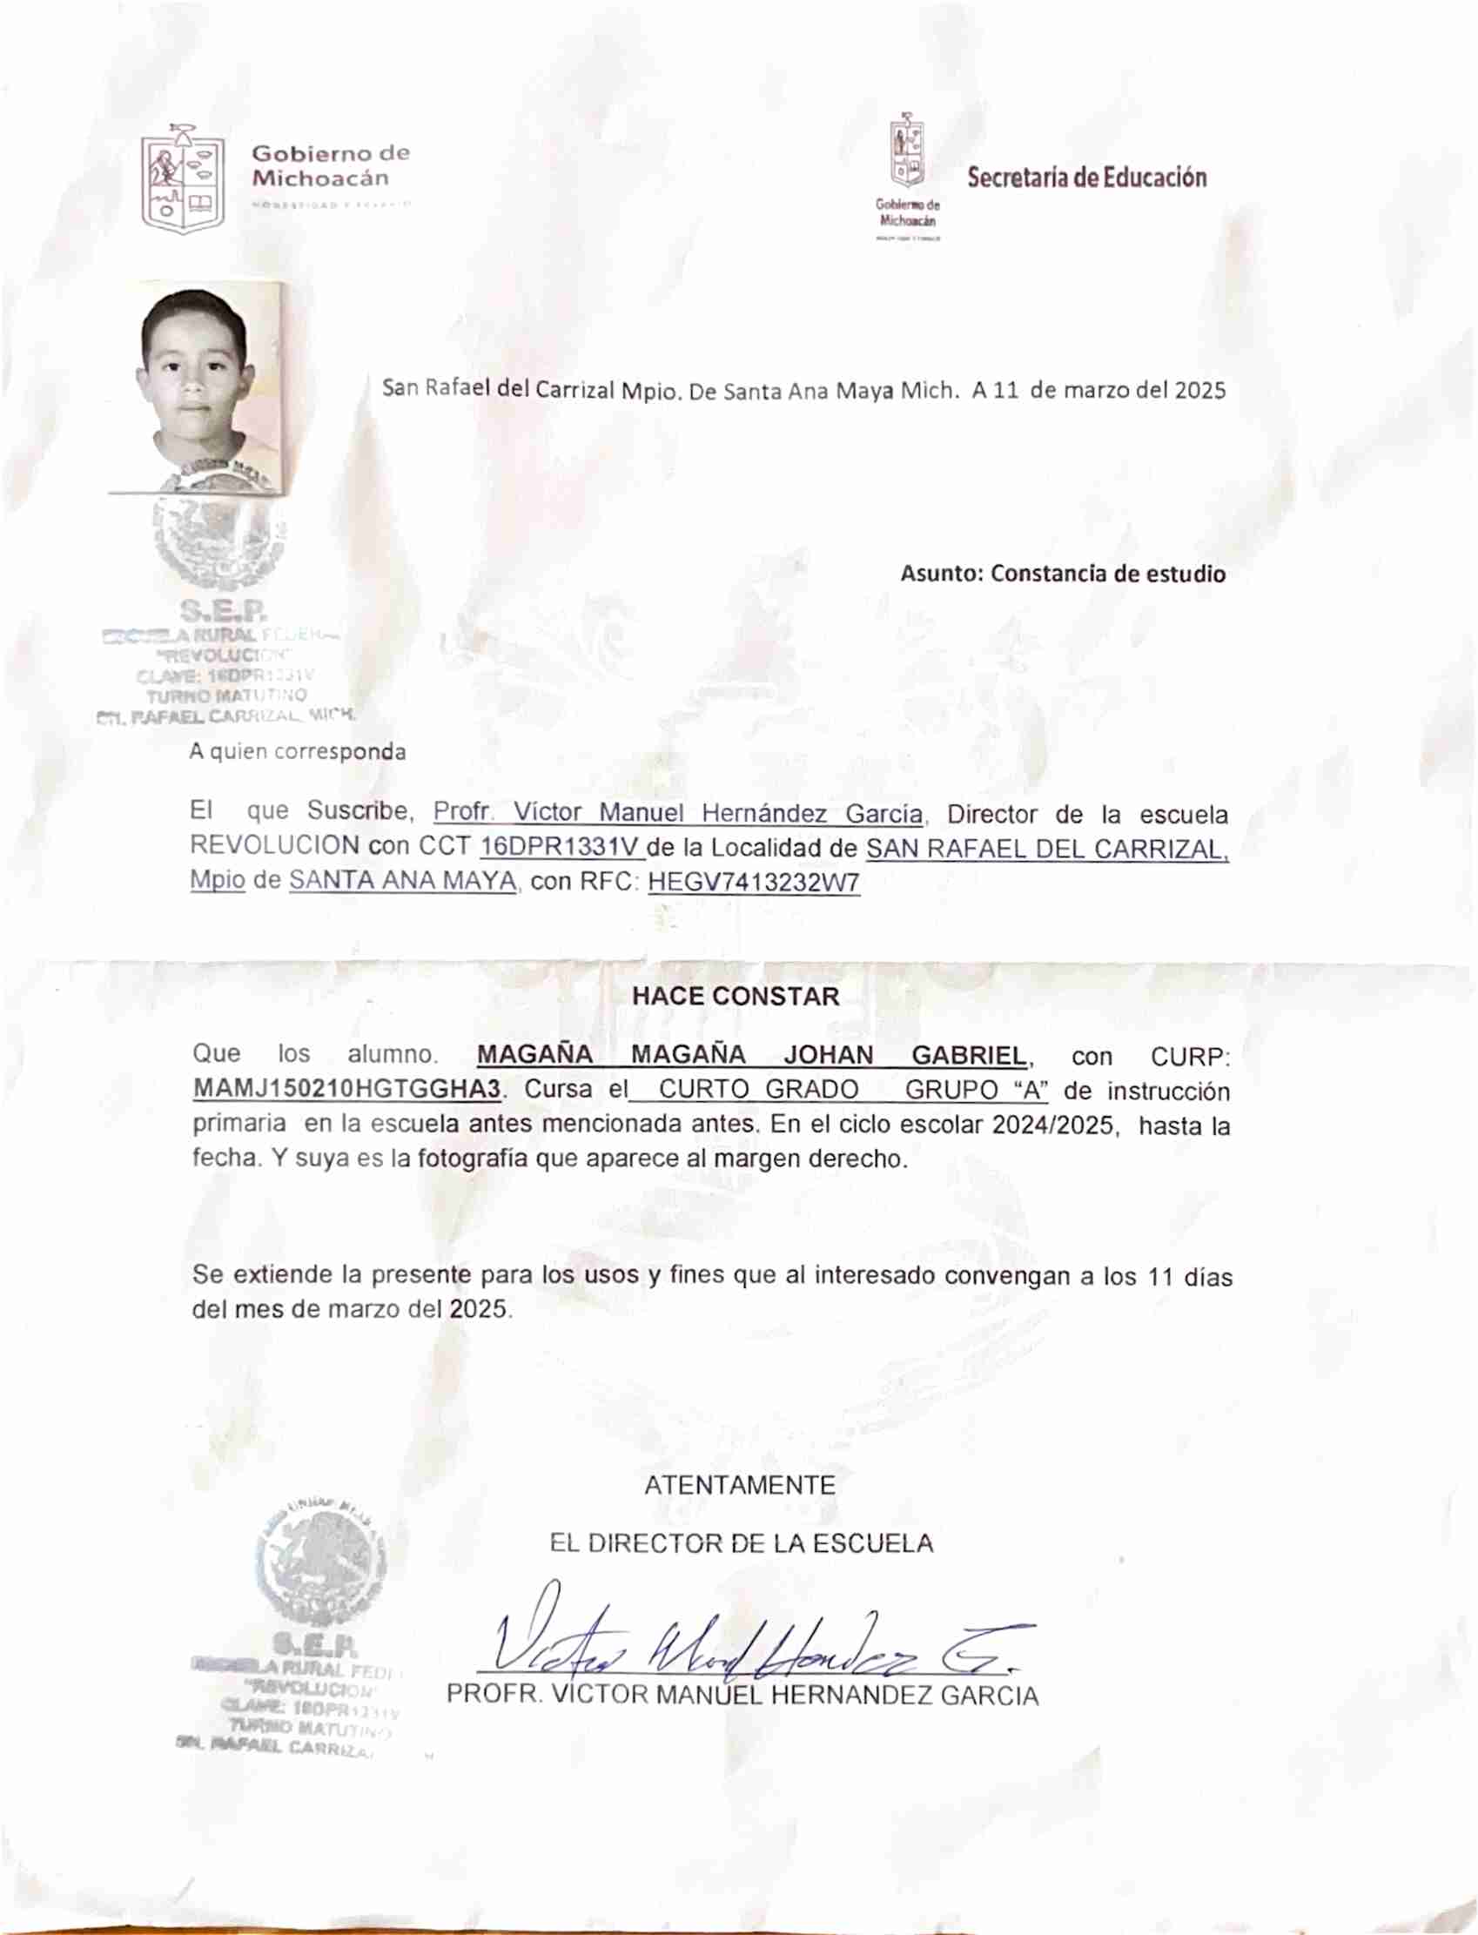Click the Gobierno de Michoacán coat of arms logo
pyautogui.click(x=183, y=181)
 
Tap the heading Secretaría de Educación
pyautogui.click(x=1086, y=178)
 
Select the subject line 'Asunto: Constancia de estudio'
pyautogui.click(x=1062, y=574)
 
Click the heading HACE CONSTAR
pyautogui.click(x=736, y=997)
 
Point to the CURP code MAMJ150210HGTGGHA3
pyautogui.click(x=346, y=1089)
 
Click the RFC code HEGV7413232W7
pyautogui.click(x=753, y=882)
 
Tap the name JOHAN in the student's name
pyautogui.click(x=828, y=1055)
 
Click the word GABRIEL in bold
pyautogui.click(x=969, y=1055)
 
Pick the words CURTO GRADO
pyautogui.click(x=758, y=1090)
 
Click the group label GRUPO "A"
pyautogui.click(x=977, y=1090)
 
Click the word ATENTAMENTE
pyautogui.click(x=740, y=1486)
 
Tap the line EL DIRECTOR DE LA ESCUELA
pyautogui.click(x=741, y=1543)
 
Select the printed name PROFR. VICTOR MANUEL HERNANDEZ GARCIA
pyautogui.click(x=742, y=1695)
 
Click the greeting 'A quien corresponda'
pyautogui.click(x=298, y=752)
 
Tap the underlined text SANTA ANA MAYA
pyautogui.click(x=402, y=880)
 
